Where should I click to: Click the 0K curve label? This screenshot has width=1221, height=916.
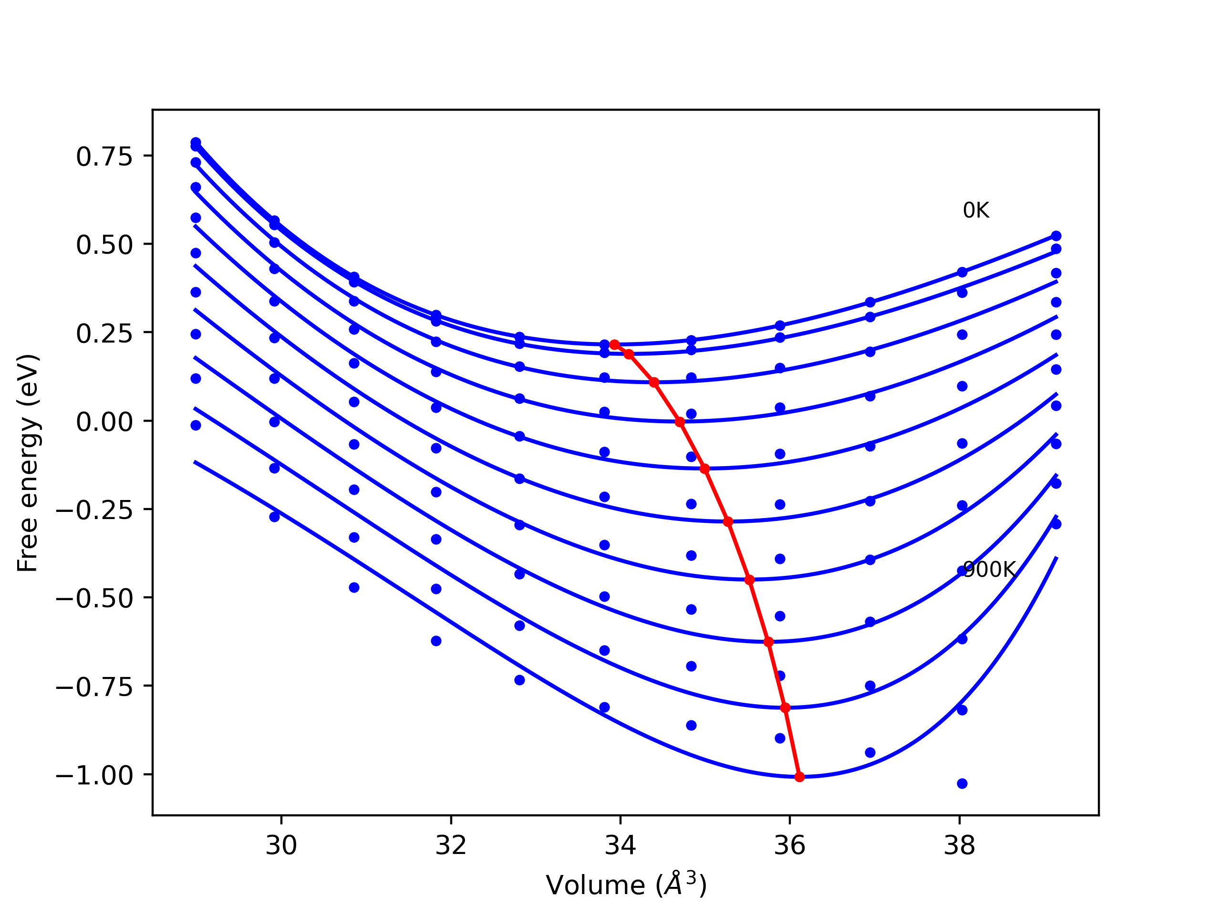coord(975,210)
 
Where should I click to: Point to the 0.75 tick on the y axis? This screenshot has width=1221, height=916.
coord(104,157)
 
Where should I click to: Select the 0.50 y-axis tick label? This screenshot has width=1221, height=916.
coord(104,245)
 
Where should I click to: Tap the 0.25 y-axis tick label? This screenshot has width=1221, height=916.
coord(104,333)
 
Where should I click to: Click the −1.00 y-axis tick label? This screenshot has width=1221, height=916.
coord(94,776)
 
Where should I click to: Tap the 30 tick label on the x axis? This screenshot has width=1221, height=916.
coord(281,845)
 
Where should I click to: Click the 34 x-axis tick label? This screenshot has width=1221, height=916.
coord(620,845)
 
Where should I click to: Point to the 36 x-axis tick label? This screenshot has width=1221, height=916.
coord(789,845)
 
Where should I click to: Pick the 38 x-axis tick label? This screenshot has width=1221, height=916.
coord(959,845)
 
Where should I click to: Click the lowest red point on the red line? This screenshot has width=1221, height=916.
coord(799,777)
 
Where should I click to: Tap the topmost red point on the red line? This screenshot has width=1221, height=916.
coord(614,344)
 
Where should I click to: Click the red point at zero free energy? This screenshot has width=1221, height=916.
coord(680,422)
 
